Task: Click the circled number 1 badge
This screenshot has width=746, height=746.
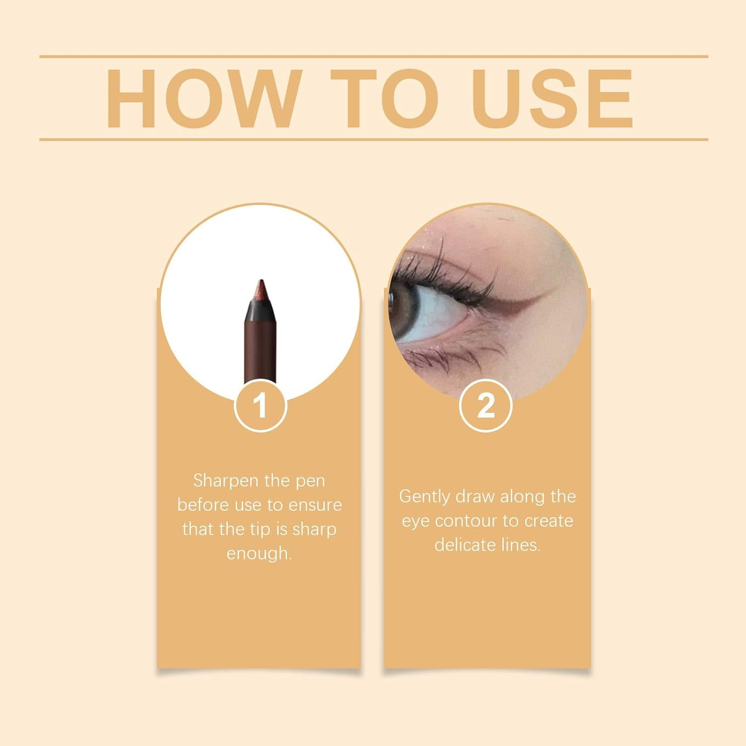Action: [260, 405]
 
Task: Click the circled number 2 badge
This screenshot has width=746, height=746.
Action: [485, 405]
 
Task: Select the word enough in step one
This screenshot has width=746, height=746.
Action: [259, 554]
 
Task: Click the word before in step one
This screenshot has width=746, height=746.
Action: [203, 505]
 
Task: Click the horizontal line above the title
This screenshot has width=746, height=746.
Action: [373, 57]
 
